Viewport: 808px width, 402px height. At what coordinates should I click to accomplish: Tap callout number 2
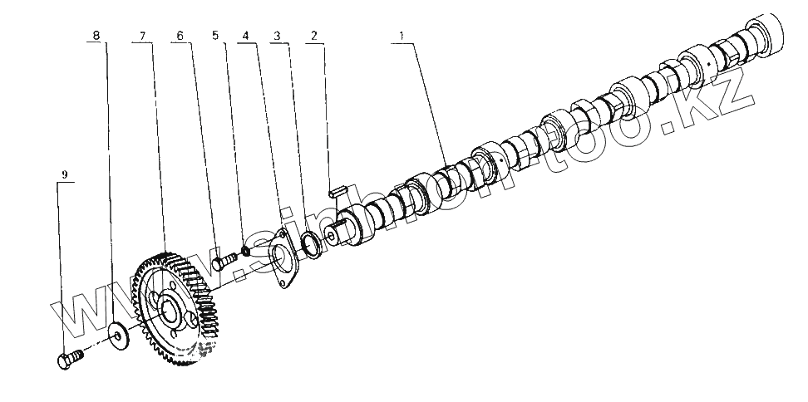(x=313, y=36)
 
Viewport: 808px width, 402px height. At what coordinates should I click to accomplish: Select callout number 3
(x=278, y=36)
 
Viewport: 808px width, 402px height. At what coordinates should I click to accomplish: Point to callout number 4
(x=245, y=36)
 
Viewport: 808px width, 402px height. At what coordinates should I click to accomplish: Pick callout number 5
(x=215, y=36)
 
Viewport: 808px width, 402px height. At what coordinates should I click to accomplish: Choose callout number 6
(x=179, y=36)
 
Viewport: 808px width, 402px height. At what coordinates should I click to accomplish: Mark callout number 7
(x=142, y=36)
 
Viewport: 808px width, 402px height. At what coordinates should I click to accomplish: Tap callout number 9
(x=65, y=174)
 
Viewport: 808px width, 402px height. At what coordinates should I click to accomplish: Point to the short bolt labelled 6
(x=223, y=261)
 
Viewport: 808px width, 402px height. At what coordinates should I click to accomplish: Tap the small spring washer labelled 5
(x=247, y=251)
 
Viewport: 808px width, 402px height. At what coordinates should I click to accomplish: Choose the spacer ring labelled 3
(x=313, y=243)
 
